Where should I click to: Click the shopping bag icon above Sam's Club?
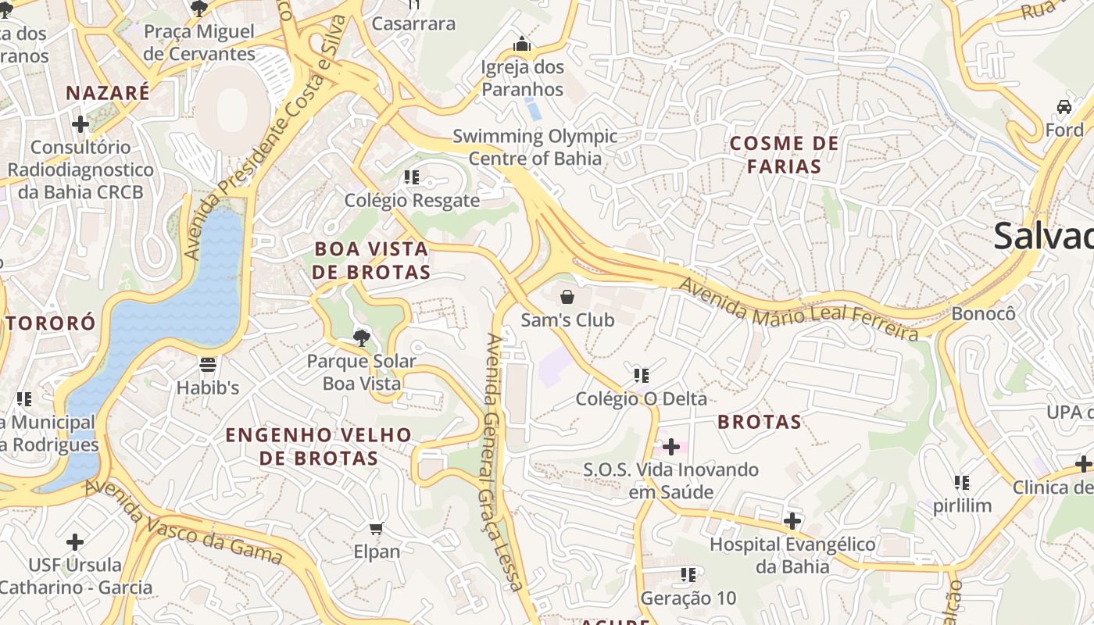(567, 297)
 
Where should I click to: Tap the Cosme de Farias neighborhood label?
(784, 155)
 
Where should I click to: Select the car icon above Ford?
(1064, 107)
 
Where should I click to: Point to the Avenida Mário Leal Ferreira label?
(798, 310)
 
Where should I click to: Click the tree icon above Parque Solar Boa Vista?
(361, 338)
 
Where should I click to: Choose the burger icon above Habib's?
(207, 364)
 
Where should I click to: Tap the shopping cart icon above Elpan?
(377, 529)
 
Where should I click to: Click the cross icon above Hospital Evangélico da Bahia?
(792, 520)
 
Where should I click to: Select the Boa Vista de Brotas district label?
(371, 260)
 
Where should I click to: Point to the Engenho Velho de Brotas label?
(319, 446)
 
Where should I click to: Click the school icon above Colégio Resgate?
(412, 177)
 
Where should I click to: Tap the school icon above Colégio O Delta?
(641, 376)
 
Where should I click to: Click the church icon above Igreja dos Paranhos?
(522, 45)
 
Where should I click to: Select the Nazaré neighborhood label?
(108, 93)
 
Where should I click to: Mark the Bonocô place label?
(984, 313)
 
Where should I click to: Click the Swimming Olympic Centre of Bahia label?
(535, 147)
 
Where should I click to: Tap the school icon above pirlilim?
(962, 483)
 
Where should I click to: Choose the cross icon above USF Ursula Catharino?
(75, 541)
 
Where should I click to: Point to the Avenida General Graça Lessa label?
(502, 461)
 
